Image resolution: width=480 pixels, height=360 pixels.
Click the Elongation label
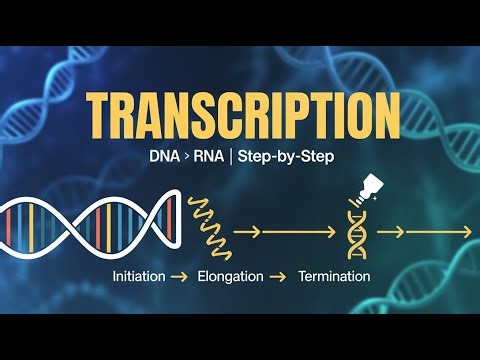coord(232,275)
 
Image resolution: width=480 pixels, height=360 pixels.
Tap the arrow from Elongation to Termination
coord(283,275)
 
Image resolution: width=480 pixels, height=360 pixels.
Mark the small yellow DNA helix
coord(355,236)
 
